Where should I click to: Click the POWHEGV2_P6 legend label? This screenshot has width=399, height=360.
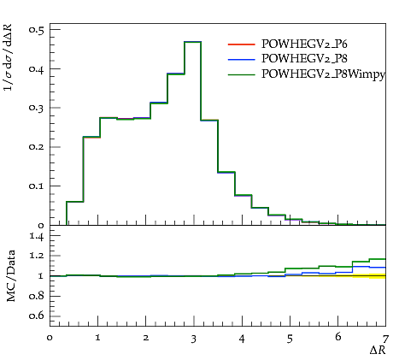304,44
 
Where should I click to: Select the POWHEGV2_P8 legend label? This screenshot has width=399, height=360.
304,59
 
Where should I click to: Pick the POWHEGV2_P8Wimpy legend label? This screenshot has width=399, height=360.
323,74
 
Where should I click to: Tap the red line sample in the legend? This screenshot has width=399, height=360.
241,44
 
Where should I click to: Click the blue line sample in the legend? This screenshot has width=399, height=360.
241,60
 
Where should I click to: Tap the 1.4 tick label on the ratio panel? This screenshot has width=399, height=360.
37,236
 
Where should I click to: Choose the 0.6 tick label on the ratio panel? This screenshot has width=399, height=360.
37,316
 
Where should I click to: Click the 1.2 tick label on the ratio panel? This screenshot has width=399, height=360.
37,256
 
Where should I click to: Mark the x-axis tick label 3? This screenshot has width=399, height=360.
194,339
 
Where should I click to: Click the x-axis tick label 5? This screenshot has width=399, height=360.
290,339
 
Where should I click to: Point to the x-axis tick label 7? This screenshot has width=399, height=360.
385,339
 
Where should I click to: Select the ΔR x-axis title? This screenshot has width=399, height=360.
378,351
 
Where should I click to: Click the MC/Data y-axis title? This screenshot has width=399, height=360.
11,276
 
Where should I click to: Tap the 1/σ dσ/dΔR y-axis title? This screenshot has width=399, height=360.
8,57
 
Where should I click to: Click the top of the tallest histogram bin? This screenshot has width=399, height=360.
193,42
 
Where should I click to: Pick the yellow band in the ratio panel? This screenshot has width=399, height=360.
370,276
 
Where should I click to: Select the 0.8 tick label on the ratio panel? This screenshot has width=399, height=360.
37,296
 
